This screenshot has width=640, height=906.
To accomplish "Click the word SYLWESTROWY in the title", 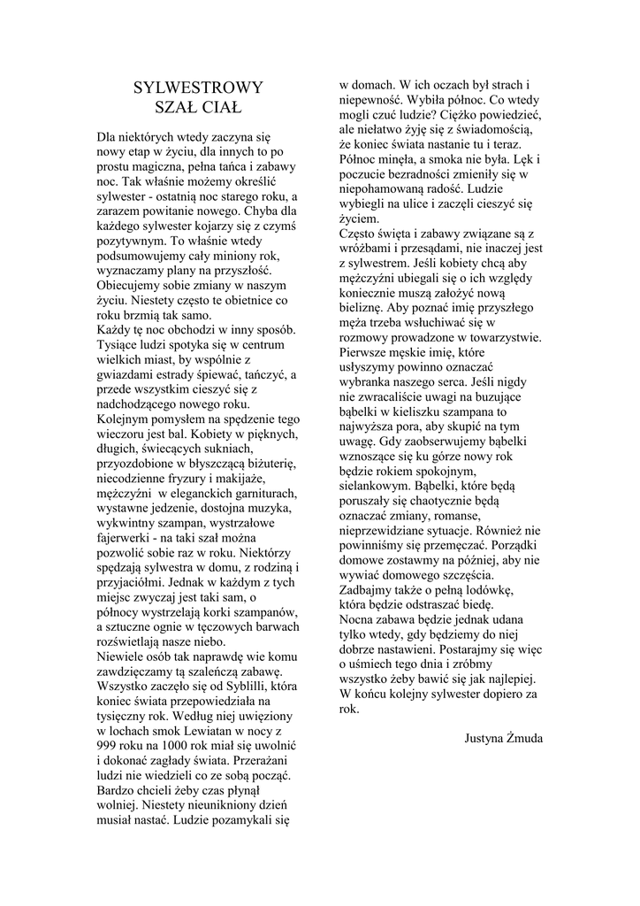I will pos(198,87).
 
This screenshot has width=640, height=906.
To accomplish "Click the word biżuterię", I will pos(270,463).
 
